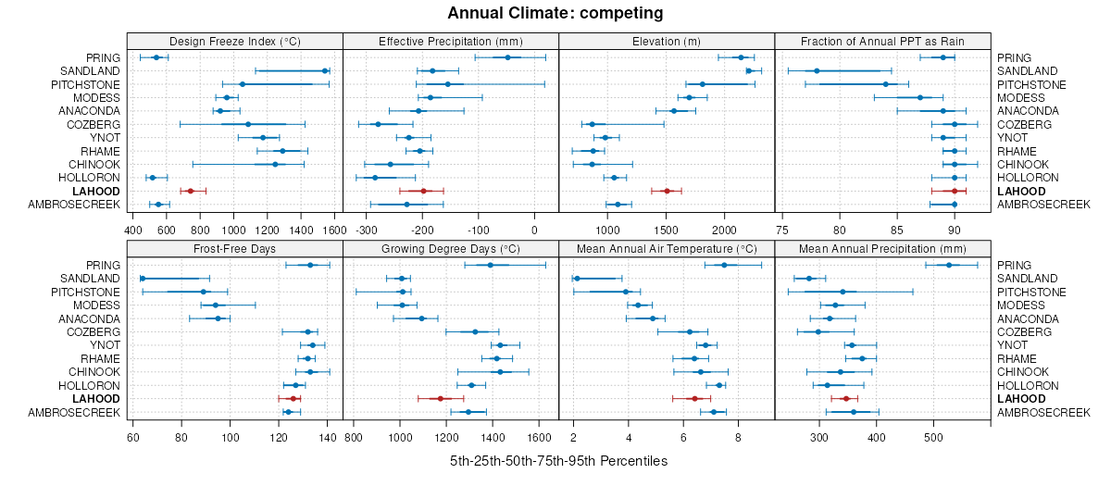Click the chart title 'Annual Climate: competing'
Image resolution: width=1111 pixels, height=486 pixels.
click(555, 13)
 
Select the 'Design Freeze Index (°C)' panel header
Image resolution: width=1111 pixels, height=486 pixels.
click(234, 41)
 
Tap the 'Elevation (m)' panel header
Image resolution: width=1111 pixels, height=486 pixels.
click(667, 41)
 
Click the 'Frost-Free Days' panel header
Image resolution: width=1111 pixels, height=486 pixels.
click(234, 248)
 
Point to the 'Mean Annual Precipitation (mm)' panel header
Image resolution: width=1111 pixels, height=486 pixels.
click(882, 248)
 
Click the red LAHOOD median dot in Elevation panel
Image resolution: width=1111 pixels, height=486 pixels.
click(667, 191)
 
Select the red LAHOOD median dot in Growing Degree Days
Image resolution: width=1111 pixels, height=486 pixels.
click(440, 398)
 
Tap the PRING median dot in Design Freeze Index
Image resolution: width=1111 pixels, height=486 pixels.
click(156, 57)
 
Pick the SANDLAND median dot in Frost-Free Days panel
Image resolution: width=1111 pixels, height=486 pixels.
click(143, 279)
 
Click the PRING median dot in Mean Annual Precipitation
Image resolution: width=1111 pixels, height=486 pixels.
click(949, 266)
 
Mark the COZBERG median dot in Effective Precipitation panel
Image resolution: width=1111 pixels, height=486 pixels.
click(378, 124)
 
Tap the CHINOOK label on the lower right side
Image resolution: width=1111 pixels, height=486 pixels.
click(1021, 372)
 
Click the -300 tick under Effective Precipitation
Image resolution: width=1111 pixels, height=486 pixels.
click(367, 230)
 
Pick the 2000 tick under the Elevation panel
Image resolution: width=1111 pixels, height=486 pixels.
click(724, 230)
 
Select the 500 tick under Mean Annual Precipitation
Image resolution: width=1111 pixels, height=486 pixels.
click(933, 437)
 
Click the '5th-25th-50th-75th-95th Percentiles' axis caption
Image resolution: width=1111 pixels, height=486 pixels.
click(558, 461)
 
